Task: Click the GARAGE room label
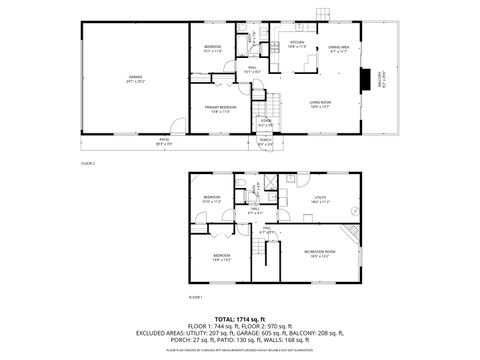134,76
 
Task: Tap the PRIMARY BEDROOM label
221,108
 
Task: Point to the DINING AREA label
339,48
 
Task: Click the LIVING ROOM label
320,103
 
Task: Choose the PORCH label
265,142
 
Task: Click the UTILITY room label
320,198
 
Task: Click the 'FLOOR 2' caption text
87,161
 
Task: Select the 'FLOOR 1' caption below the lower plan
195,297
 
